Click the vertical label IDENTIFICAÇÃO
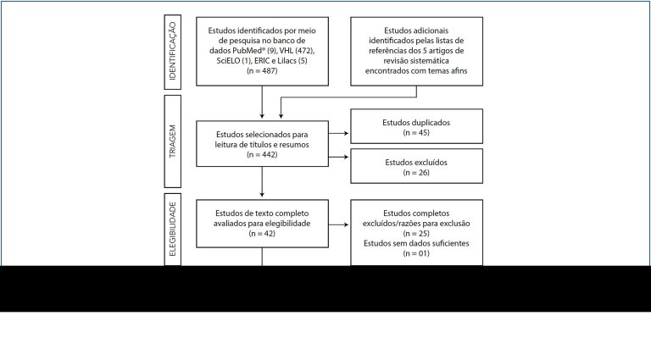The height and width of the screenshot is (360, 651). coord(173,52)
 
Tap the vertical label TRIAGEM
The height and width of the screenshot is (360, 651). coord(173,141)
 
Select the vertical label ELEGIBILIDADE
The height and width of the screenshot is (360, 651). coord(173,229)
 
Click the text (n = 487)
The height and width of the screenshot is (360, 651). coord(262,70)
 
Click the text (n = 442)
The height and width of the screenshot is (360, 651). coord(262,155)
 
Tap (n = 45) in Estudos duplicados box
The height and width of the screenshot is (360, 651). coord(416,133)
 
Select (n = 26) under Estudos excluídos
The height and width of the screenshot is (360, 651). coord(416,173)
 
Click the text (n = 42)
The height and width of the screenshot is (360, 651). coord(262,234)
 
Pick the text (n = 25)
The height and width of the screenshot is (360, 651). coord(416,234)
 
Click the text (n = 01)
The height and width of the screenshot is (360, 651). coord(416,253)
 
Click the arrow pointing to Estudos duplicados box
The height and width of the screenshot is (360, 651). coord(339,133)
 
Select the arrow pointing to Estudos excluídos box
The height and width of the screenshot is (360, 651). coord(339,157)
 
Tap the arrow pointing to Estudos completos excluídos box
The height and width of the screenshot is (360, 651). coord(339,224)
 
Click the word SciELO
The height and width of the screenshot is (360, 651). coord(228,60)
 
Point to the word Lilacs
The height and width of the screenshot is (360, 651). coord(287,60)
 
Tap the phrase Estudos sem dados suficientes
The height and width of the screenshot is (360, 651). coord(416,243)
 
